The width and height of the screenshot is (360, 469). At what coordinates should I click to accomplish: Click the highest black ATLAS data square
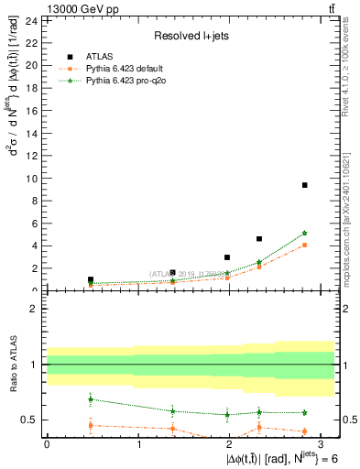pos(304,185)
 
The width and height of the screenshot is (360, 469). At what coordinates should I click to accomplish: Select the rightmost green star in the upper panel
pos(304,233)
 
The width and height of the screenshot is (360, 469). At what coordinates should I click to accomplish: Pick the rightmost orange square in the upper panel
pos(304,245)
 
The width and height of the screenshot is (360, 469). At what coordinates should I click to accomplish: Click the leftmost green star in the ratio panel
pos(91,398)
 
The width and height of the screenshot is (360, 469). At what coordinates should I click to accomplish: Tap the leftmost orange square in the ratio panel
pos(91,425)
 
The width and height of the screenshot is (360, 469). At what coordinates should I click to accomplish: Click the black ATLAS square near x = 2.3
pos(259,238)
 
